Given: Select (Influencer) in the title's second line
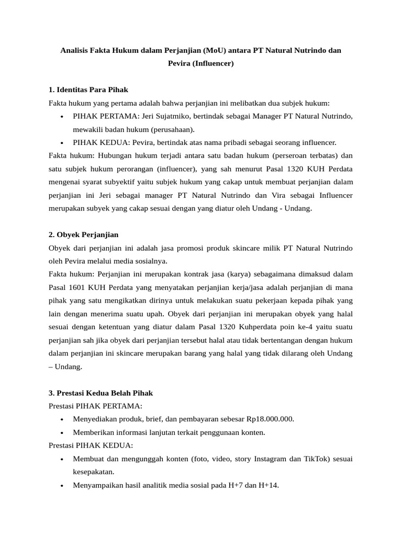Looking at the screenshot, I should click(x=213, y=64).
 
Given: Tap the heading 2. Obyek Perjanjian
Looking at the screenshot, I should click(x=83, y=234).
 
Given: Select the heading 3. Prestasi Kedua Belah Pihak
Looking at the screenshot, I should click(x=100, y=393).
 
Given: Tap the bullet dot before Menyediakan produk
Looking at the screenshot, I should click(x=62, y=419).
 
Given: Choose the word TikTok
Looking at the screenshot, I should click(x=315, y=459).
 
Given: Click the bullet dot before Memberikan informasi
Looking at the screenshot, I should click(x=62, y=432).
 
